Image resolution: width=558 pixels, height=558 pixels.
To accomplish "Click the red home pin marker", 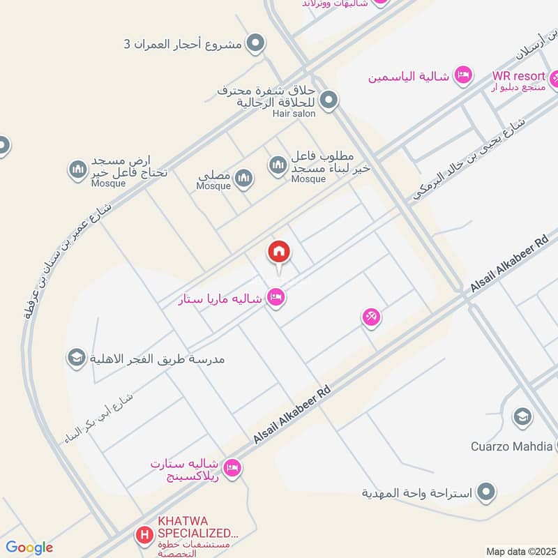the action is (x=279, y=252).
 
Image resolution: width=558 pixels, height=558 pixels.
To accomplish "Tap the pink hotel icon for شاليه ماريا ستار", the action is (x=277, y=298).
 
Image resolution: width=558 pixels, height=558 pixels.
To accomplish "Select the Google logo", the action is (x=29, y=548).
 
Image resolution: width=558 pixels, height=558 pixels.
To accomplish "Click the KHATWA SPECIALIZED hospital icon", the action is (x=144, y=536).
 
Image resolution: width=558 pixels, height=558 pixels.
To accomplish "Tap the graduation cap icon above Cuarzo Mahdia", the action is (x=521, y=418).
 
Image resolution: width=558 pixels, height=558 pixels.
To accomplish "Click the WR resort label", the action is (x=517, y=75).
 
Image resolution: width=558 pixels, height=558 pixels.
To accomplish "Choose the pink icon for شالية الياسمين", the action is (x=462, y=75).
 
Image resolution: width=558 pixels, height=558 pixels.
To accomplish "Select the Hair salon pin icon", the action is (x=329, y=100).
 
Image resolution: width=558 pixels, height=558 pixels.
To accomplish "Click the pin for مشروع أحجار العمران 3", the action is (x=256, y=44).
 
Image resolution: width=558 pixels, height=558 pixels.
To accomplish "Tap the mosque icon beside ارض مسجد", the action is (x=77, y=169).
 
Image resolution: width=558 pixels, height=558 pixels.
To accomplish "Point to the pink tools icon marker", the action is (x=371, y=317).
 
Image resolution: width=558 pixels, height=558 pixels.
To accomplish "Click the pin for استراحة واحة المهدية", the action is (x=487, y=492).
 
